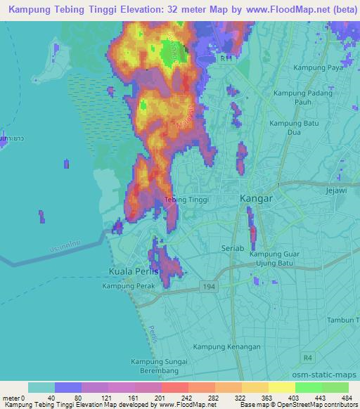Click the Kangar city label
click(256, 199)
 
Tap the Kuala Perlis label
click(134, 271)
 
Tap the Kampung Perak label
click(127, 286)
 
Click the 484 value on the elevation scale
click(347, 398)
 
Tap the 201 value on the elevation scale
click(160, 398)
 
